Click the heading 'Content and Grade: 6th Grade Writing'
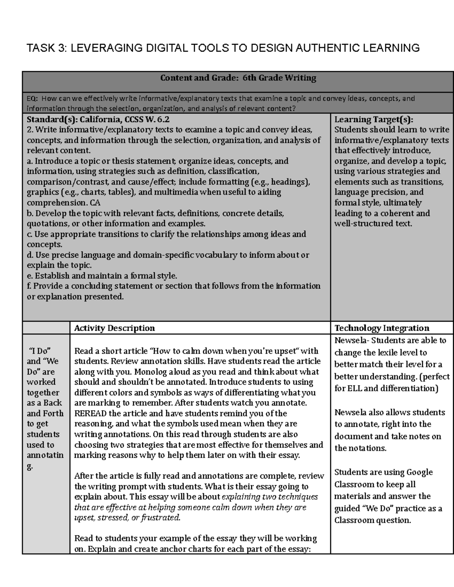[238, 78]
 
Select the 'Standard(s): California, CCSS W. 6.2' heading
[98, 119]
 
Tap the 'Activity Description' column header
[114, 328]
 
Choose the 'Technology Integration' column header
[382, 328]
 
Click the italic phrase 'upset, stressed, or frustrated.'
[127, 517]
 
